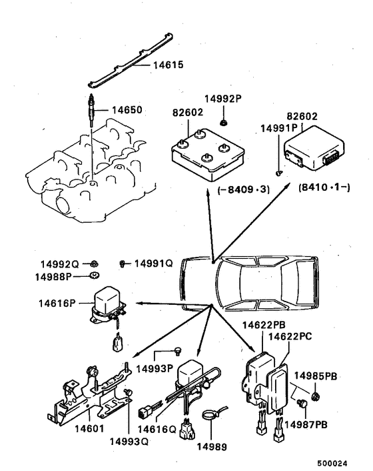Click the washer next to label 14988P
pyautogui.click(x=95, y=275)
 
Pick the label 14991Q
pyautogui.click(x=154, y=263)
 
